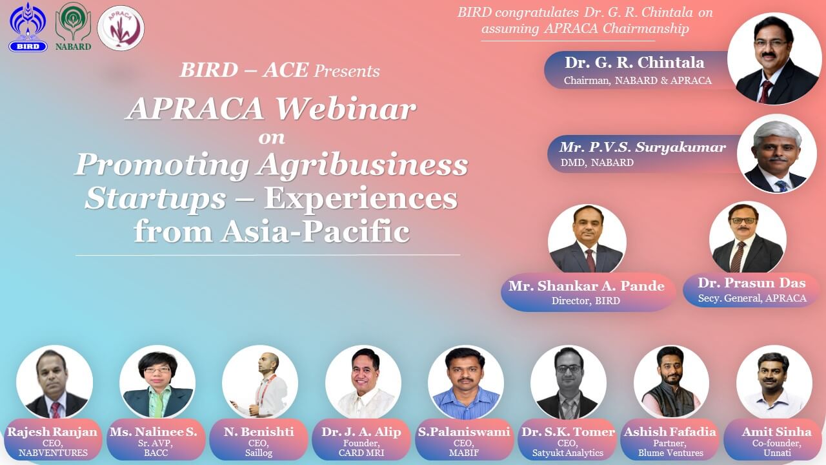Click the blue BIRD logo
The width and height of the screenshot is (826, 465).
click(x=28, y=26)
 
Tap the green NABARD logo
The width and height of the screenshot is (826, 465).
click(x=73, y=26)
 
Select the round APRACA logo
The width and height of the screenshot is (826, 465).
click(x=121, y=28)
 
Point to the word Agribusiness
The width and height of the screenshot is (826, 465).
click(x=363, y=165)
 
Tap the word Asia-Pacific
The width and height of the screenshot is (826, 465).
click(x=316, y=232)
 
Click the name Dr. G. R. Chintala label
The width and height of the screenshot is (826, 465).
click(x=634, y=63)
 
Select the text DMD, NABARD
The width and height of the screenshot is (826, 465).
click(x=597, y=162)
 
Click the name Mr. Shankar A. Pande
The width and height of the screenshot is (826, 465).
click(x=587, y=286)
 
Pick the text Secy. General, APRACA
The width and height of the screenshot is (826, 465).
click(x=752, y=298)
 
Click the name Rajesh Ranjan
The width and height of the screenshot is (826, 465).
click(x=52, y=431)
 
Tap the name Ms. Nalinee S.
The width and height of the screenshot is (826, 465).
click(x=154, y=431)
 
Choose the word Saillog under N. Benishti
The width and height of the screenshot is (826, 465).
click(x=259, y=453)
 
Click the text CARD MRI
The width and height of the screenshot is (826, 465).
click(x=361, y=453)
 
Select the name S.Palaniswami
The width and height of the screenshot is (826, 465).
click(x=464, y=431)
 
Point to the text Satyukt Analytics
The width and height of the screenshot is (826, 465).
click(x=567, y=453)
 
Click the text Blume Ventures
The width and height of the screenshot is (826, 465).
click(x=670, y=453)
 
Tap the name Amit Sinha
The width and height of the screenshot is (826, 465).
click(x=776, y=431)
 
